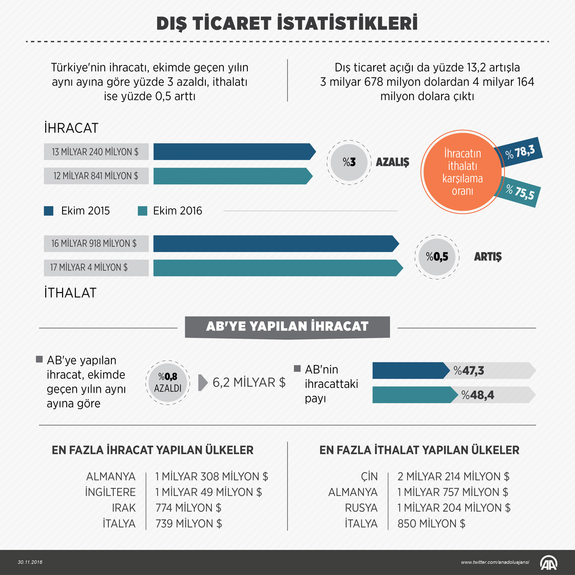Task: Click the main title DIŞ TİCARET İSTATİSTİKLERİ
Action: point(287,23)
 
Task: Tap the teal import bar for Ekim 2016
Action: point(277,267)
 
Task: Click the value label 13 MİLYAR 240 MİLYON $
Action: point(95,152)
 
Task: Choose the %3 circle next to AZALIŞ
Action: point(349,162)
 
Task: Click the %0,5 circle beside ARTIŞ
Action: point(436,257)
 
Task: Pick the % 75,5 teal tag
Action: point(520,193)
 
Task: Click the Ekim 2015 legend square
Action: point(49,210)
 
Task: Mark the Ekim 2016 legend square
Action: point(143,210)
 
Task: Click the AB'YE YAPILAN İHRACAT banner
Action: point(287,327)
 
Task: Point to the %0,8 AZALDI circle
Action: point(168,382)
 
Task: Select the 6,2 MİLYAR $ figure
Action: point(249,382)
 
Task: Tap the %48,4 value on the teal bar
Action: point(477,395)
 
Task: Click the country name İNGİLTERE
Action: point(110,492)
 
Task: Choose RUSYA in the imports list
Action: point(361,508)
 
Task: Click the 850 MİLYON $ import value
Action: point(431,524)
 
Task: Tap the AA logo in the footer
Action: point(550,562)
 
